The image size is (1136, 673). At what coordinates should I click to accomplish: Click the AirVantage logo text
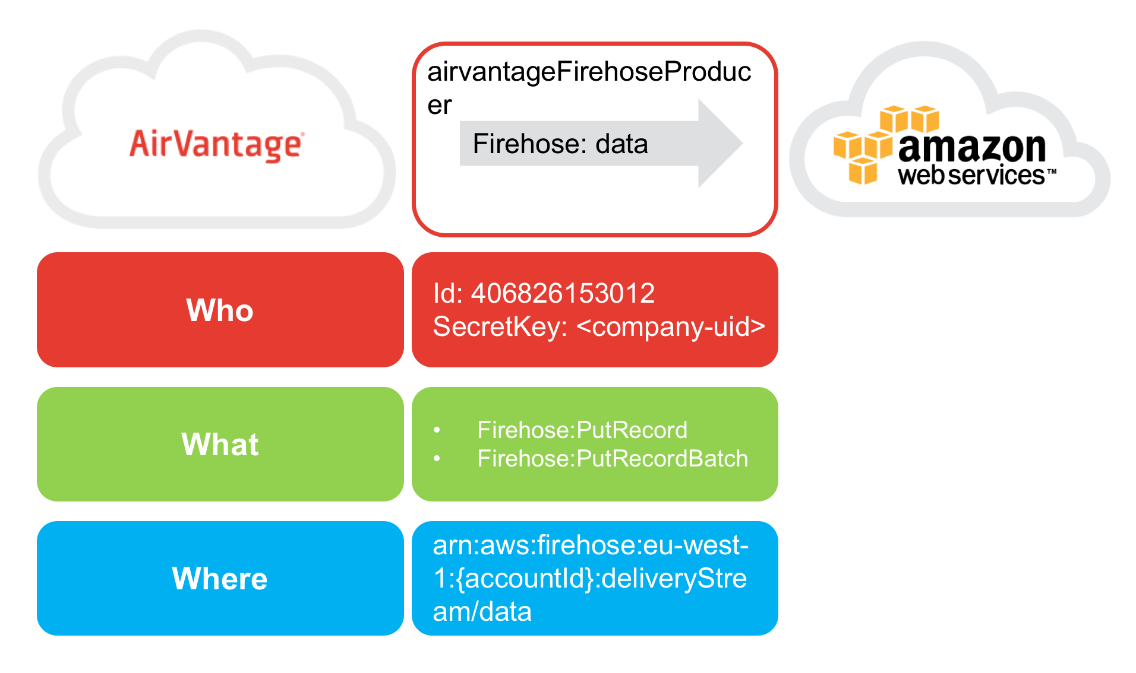pos(217,145)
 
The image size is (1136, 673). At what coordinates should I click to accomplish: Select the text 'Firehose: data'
pos(560,144)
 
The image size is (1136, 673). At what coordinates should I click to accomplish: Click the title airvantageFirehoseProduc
pos(589,72)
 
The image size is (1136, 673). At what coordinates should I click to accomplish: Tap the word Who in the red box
pos(220,310)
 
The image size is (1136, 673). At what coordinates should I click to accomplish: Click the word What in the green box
pos(220,445)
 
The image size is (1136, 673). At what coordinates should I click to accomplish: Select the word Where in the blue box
pos(220,579)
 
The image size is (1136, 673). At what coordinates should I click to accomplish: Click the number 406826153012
pos(563,293)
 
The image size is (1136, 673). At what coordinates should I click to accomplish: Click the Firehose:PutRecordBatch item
pos(612,459)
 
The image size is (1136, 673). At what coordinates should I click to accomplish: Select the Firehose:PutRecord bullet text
pos(582,430)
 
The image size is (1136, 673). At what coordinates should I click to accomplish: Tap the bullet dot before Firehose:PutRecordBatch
pos(437,459)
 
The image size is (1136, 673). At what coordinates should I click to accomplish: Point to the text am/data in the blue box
pos(482,612)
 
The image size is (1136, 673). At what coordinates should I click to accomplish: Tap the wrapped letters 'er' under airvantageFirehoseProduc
pos(440,106)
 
